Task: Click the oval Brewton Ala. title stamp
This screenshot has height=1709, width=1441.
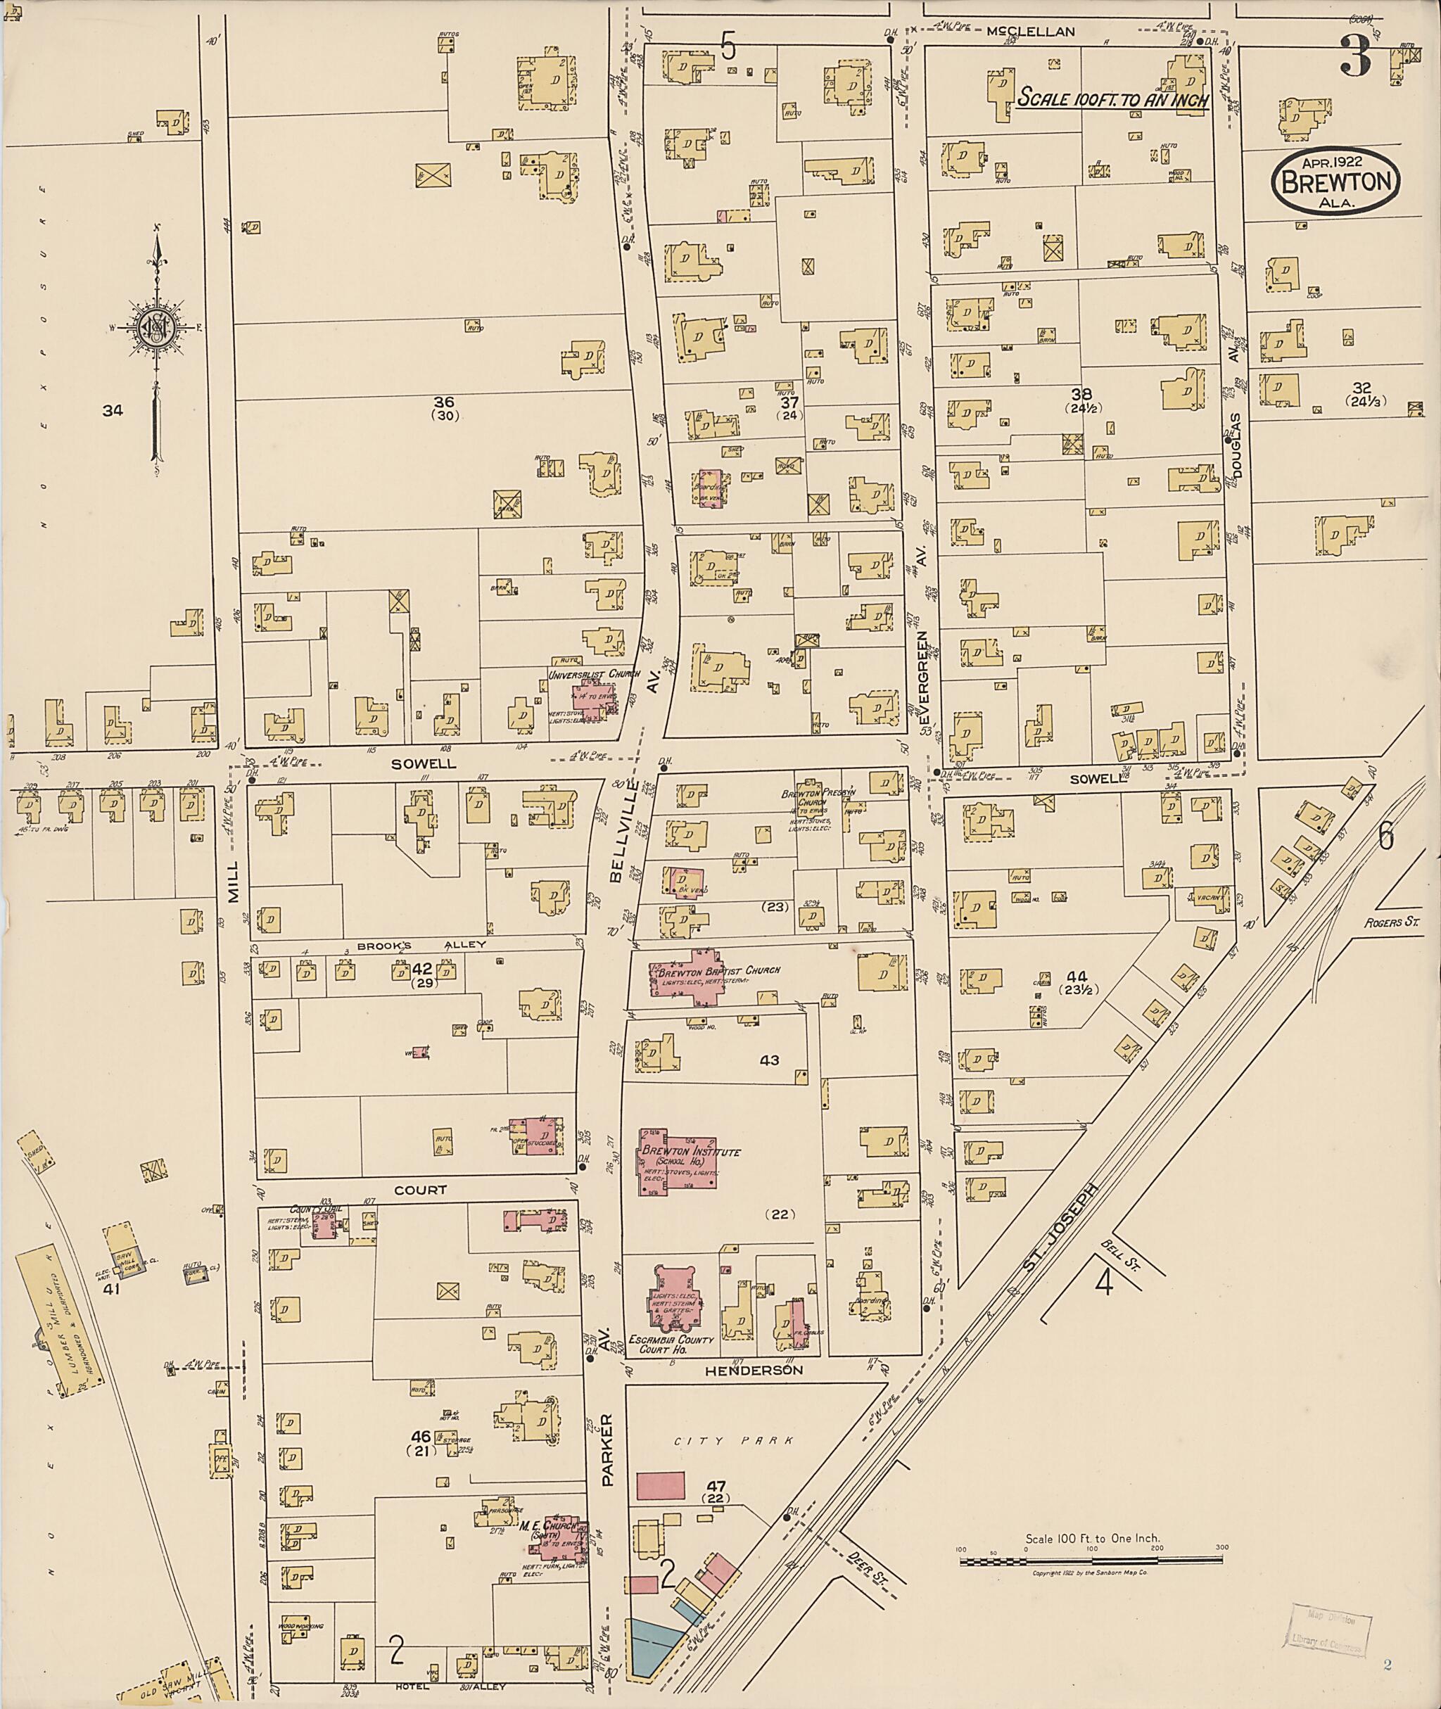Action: point(1335,182)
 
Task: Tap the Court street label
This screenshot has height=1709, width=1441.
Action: point(421,1190)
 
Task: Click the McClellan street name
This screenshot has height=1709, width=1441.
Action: point(1030,31)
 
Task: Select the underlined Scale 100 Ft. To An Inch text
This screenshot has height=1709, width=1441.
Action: point(1112,97)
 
